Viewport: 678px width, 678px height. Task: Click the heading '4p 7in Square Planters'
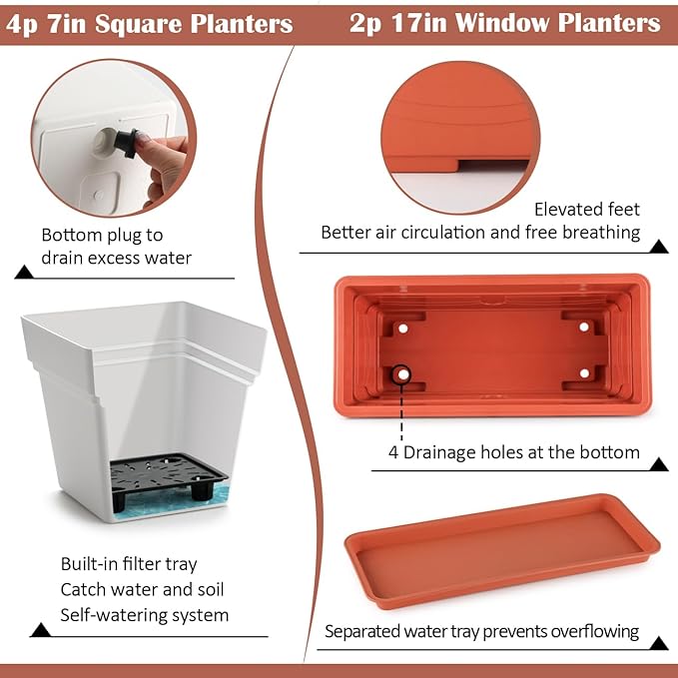(150, 23)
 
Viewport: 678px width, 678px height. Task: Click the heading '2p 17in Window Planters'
(505, 23)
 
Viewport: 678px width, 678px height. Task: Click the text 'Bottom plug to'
(102, 236)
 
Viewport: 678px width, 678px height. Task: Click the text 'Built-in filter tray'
(129, 564)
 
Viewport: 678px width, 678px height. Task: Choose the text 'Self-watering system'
(145, 615)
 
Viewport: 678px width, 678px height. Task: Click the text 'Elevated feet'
(587, 209)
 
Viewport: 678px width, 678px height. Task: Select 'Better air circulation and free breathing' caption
(480, 233)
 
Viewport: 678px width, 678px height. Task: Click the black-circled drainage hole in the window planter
(403, 373)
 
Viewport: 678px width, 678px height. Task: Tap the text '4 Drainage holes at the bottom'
(514, 452)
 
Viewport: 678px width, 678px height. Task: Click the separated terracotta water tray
(502, 548)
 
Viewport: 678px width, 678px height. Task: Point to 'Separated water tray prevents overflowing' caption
(481, 631)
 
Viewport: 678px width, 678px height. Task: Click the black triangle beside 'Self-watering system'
(41, 630)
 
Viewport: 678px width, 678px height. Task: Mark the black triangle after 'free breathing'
(658, 246)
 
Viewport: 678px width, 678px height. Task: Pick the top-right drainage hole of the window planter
(584, 327)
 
